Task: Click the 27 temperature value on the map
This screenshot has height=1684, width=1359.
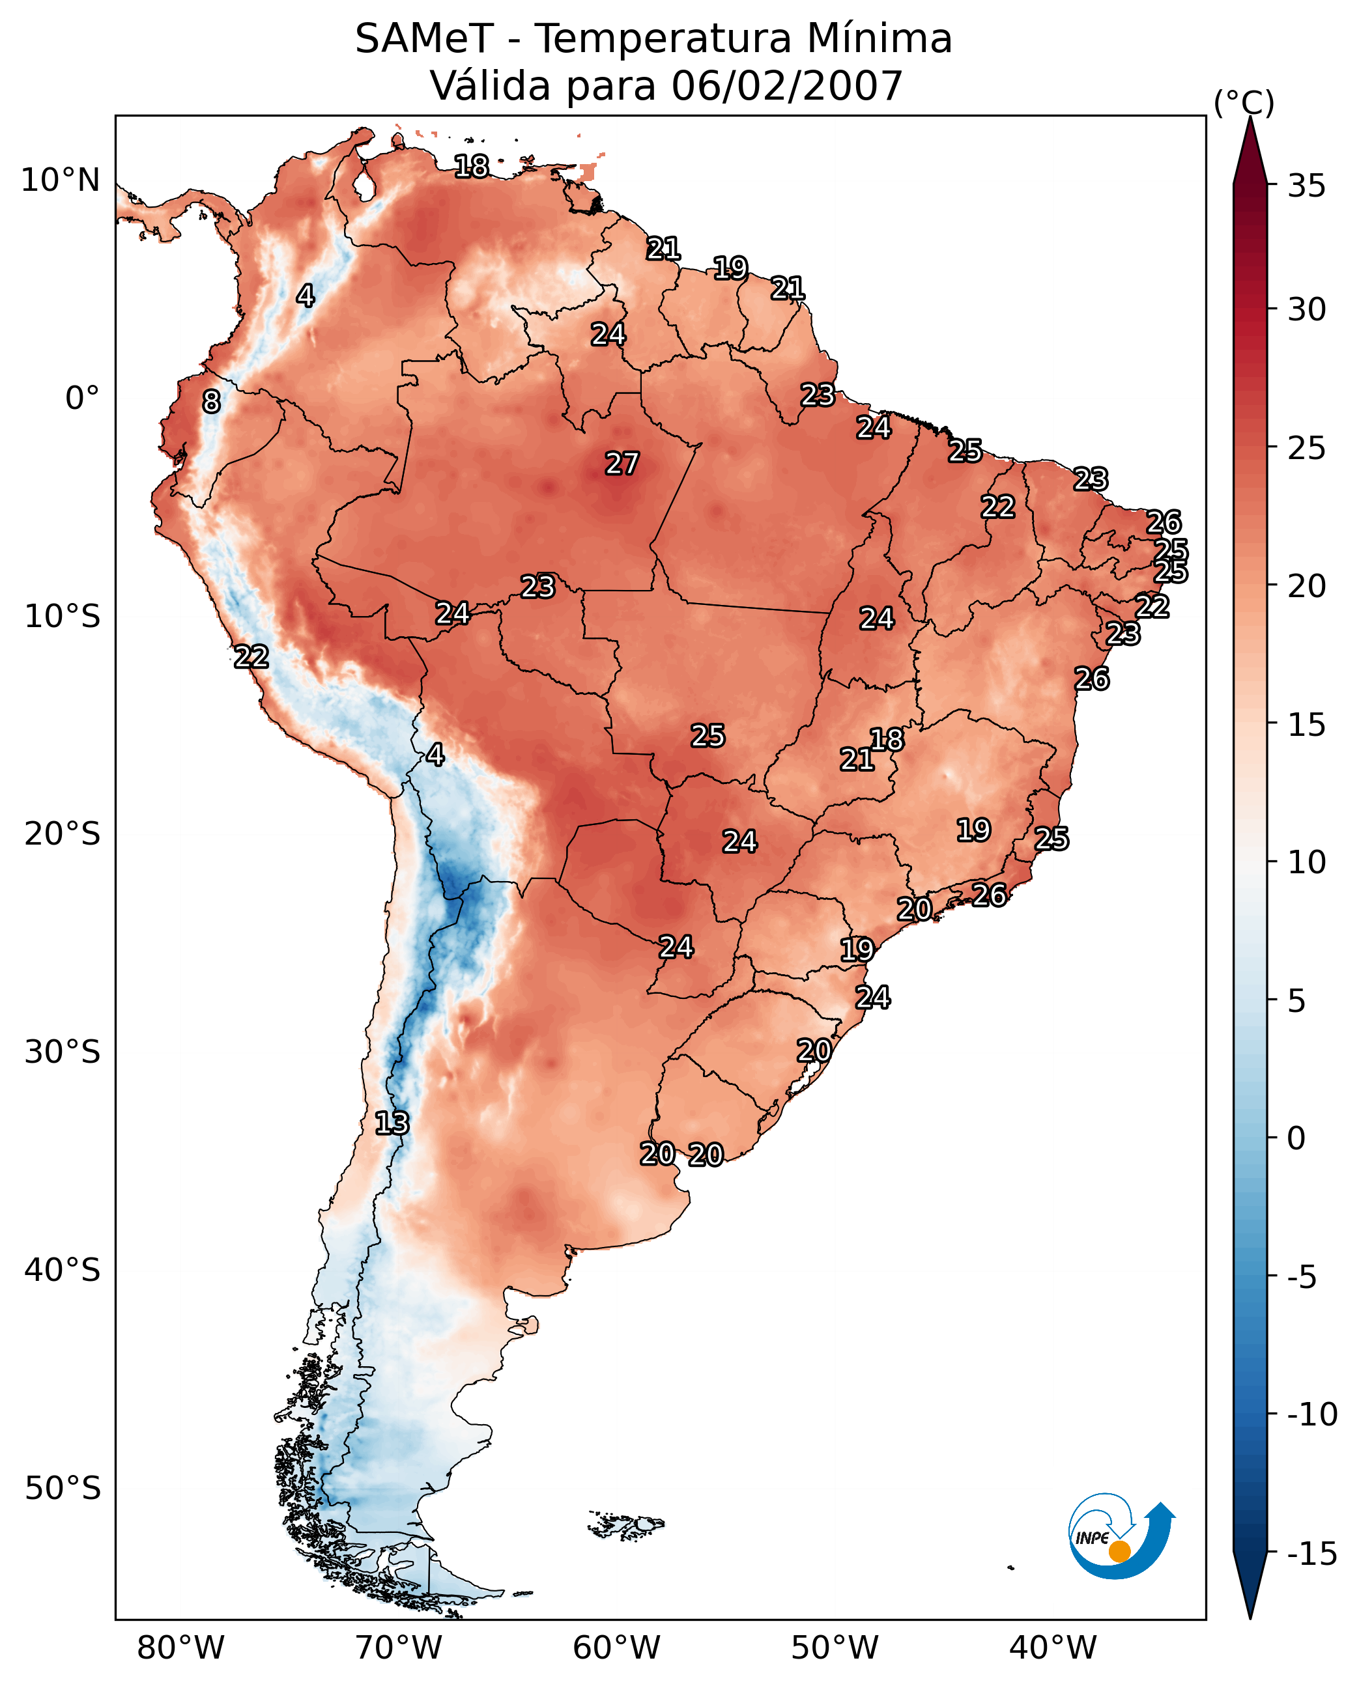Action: [622, 463]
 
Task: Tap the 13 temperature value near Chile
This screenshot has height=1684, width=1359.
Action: [392, 1123]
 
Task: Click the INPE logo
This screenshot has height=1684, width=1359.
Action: [1121, 1538]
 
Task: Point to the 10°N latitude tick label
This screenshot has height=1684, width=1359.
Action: [61, 181]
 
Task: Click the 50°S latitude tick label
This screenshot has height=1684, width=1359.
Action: [63, 1487]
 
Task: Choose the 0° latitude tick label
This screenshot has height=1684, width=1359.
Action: [82, 399]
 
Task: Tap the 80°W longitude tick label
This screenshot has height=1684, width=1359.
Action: [181, 1648]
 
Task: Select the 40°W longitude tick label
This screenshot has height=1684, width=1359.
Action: [1053, 1648]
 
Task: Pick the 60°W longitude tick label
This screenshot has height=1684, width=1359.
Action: [617, 1648]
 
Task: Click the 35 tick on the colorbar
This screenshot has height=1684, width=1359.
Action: [1306, 186]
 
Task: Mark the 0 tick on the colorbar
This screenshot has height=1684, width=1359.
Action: [1296, 1138]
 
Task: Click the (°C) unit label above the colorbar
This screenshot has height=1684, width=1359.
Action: [1244, 102]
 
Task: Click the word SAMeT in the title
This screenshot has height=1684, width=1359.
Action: [423, 39]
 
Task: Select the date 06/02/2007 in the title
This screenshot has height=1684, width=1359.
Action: [787, 86]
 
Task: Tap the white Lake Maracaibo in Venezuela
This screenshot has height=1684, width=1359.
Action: [364, 186]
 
